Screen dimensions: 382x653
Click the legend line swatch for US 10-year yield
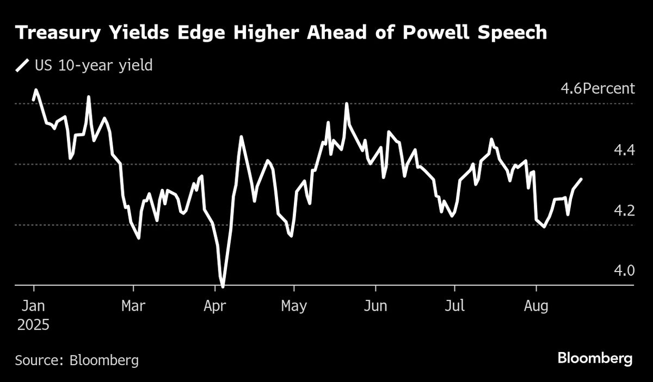coord(22,66)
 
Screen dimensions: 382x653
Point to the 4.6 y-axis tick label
coord(571,89)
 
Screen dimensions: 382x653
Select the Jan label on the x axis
coord(33,306)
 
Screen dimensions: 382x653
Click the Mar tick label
coord(133,306)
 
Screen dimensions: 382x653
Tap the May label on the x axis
coord(294,306)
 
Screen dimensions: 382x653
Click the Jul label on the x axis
coord(454,306)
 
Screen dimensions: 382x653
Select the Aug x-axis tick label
coord(536,306)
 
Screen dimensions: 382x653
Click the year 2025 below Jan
coord(33,325)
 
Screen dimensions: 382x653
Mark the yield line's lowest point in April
coord(223,285)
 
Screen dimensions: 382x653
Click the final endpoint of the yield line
coord(581,179)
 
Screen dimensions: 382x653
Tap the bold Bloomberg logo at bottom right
coord(595,359)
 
